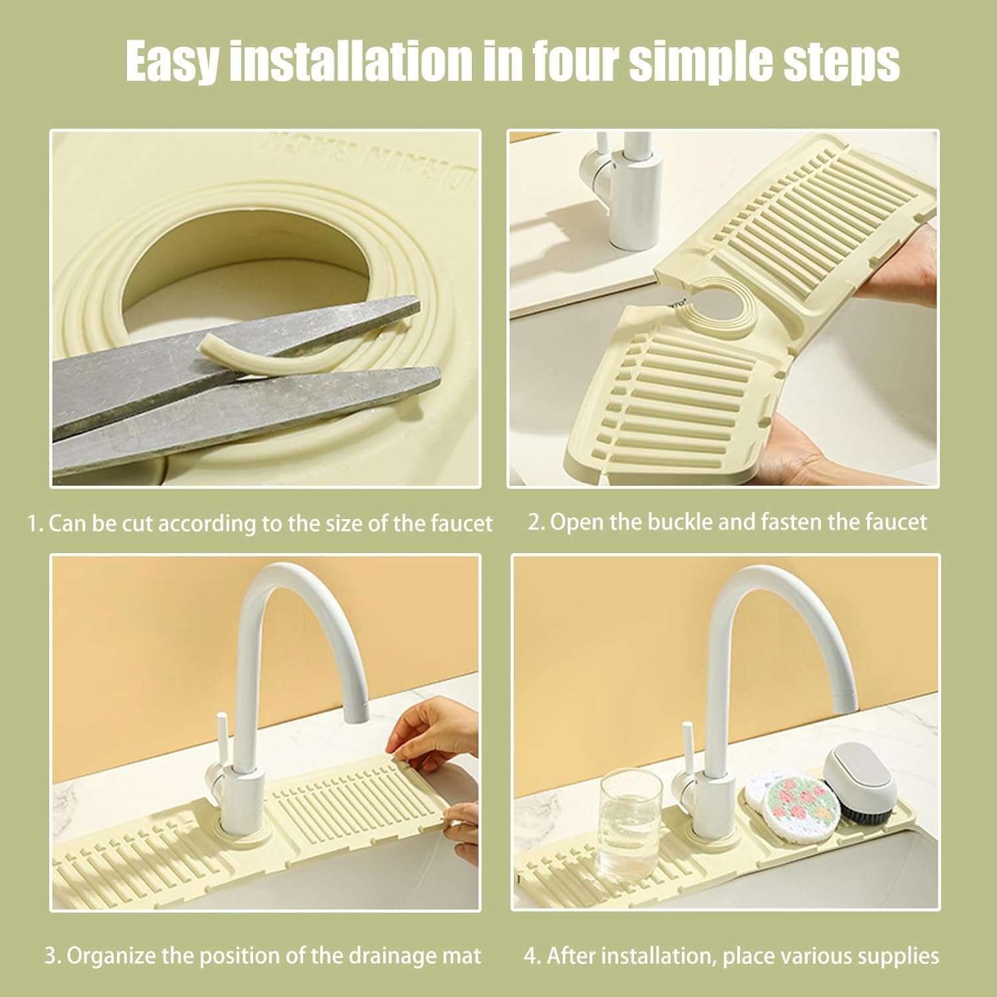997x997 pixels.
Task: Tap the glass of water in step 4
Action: (630, 824)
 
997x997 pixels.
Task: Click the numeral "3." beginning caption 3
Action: (53, 956)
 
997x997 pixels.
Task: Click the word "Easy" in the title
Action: (171, 61)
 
